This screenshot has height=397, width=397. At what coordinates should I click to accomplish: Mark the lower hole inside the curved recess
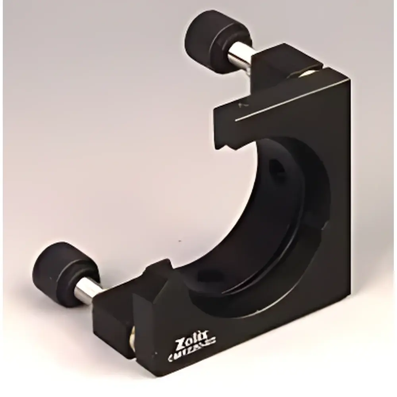(210, 275)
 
